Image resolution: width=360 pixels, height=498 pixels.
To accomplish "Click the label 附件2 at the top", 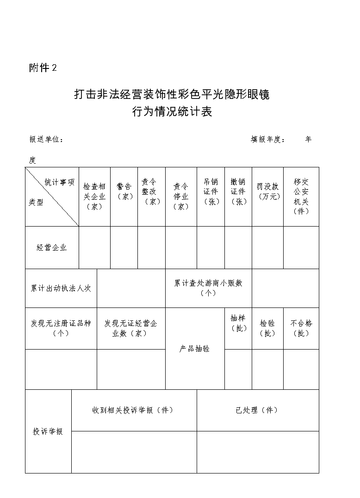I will (x=43, y=68).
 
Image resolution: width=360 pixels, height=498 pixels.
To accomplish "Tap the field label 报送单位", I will (x=46, y=140).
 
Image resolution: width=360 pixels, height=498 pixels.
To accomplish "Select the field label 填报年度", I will (x=268, y=140).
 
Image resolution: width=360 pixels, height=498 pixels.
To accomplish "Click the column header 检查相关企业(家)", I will (x=94, y=197).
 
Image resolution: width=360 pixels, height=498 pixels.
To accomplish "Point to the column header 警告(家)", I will (x=124, y=191).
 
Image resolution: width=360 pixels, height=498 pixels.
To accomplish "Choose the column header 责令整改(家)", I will (x=151, y=192).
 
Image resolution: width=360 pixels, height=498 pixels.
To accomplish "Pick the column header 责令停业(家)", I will (x=181, y=197).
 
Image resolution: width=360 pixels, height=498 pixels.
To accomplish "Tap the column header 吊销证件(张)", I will (x=211, y=192).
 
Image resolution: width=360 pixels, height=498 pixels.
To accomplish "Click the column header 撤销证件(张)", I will (x=238, y=192).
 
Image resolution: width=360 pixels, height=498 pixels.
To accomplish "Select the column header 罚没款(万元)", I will (x=268, y=191).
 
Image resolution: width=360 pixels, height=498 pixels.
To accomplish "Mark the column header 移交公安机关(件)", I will (x=301, y=197).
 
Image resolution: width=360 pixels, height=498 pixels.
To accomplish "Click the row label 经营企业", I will (x=52, y=247).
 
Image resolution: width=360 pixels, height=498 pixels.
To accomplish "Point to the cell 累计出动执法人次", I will (x=61, y=288).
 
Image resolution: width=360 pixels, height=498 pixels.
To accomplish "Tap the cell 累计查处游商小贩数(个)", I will (x=208, y=288).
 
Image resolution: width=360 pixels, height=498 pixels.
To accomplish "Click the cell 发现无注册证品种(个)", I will (x=61, y=328).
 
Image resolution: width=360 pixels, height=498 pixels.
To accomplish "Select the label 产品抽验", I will (x=195, y=349).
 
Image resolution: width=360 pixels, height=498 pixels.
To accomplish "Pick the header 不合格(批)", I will (x=301, y=328).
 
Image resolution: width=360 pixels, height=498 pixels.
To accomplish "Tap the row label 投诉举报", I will (x=48, y=431).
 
